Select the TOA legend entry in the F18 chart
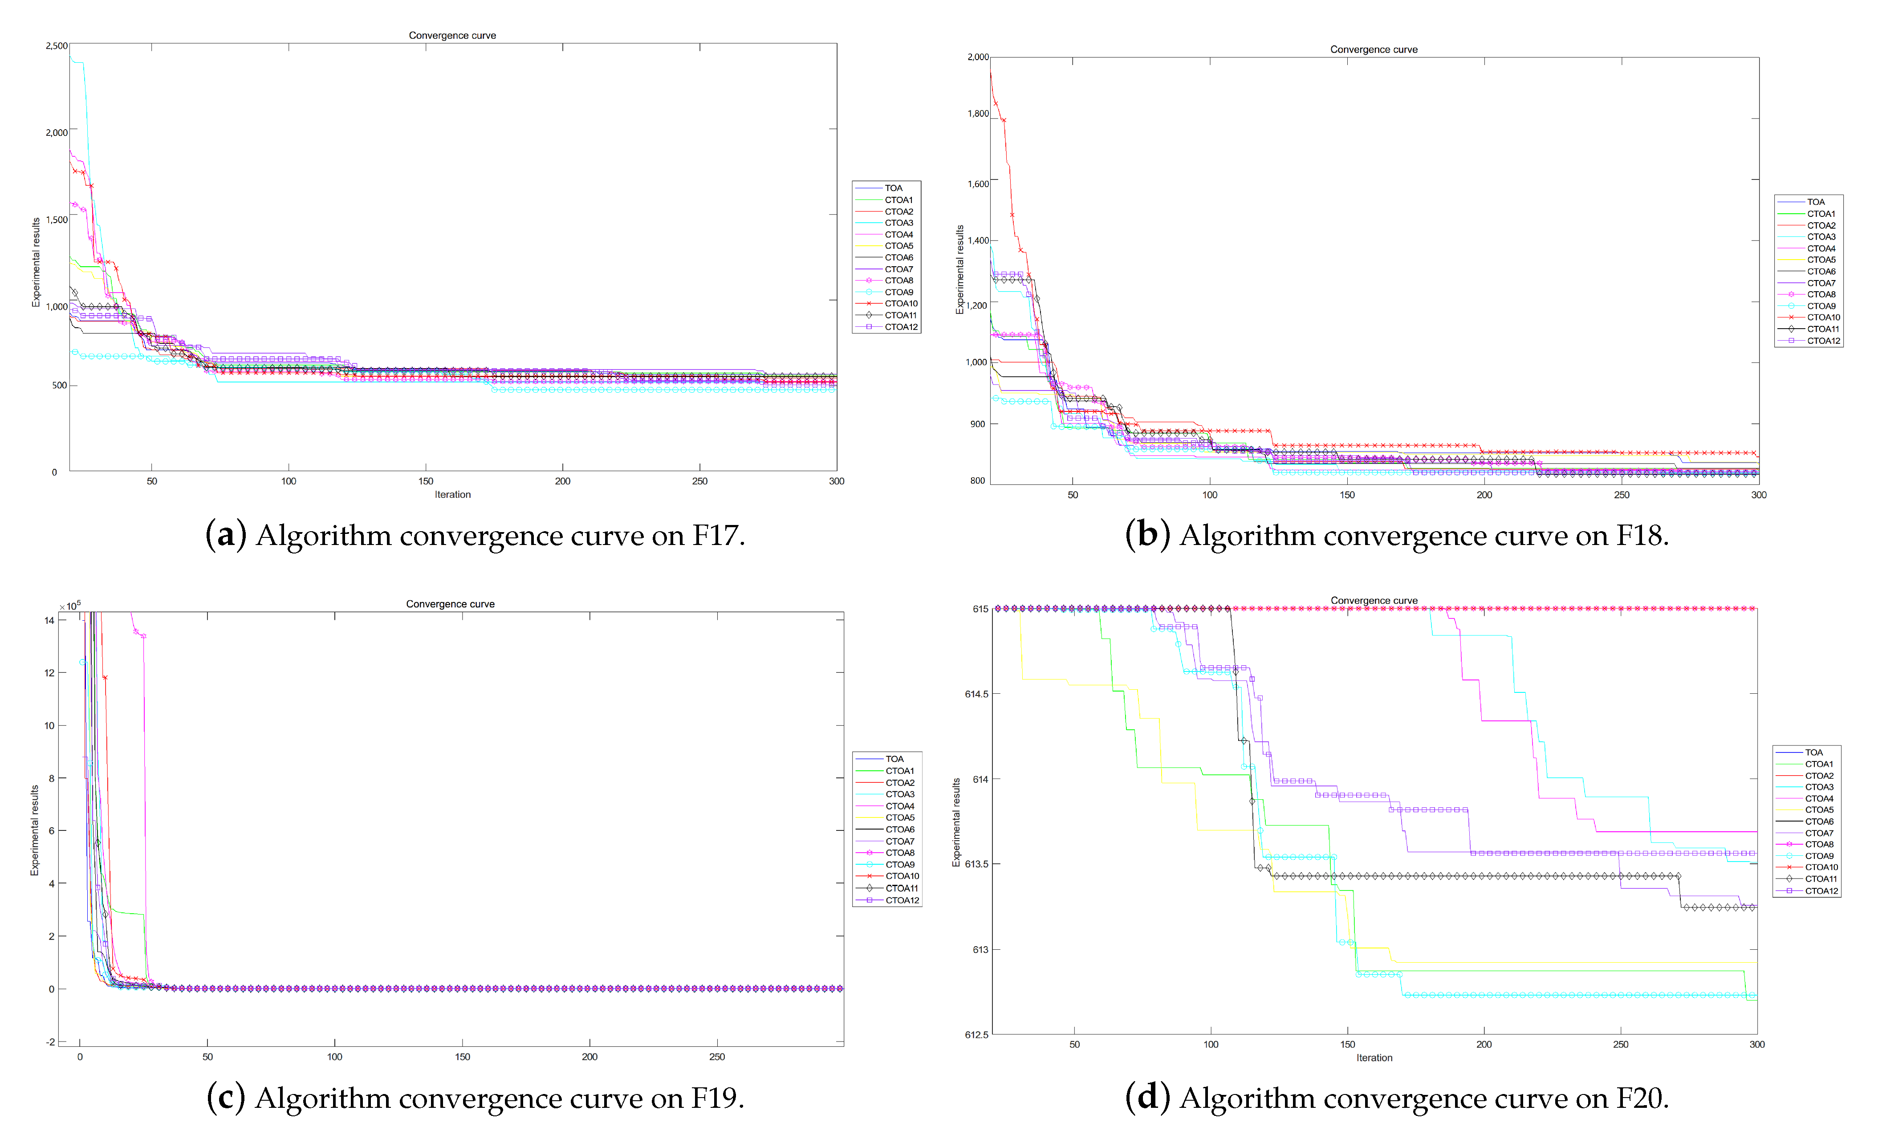coord(1816,202)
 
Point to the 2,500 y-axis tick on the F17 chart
coord(57,46)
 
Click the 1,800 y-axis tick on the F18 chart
coord(978,114)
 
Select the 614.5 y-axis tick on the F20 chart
coord(976,694)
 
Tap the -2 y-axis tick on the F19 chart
coord(50,1041)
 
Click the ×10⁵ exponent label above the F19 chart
coord(70,606)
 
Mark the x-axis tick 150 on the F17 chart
coord(425,481)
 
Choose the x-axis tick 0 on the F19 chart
coord(80,1057)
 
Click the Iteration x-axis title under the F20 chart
coord(1374,1058)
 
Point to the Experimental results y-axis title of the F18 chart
coord(959,269)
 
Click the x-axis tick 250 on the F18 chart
coord(1621,495)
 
